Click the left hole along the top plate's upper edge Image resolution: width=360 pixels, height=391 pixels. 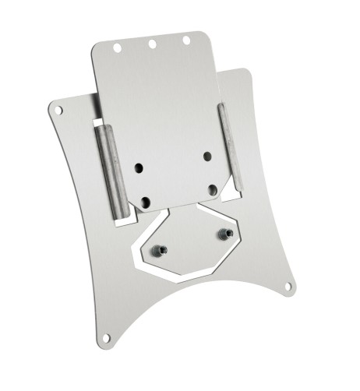[117, 48]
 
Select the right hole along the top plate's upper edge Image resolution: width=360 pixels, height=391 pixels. [187, 39]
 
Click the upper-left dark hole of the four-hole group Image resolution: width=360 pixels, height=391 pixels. [139, 167]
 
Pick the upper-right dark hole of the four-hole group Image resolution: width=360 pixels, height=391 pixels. [207, 156]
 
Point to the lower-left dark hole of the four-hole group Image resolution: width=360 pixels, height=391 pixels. [145, 202]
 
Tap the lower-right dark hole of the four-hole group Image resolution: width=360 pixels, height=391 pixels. [213, 189]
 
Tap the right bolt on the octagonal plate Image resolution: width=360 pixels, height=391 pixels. [225, 233]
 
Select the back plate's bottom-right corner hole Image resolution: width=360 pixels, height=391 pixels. [288, 287]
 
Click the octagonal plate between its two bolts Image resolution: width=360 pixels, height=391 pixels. [194, 242]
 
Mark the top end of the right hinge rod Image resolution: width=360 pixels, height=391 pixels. [221, 107]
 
